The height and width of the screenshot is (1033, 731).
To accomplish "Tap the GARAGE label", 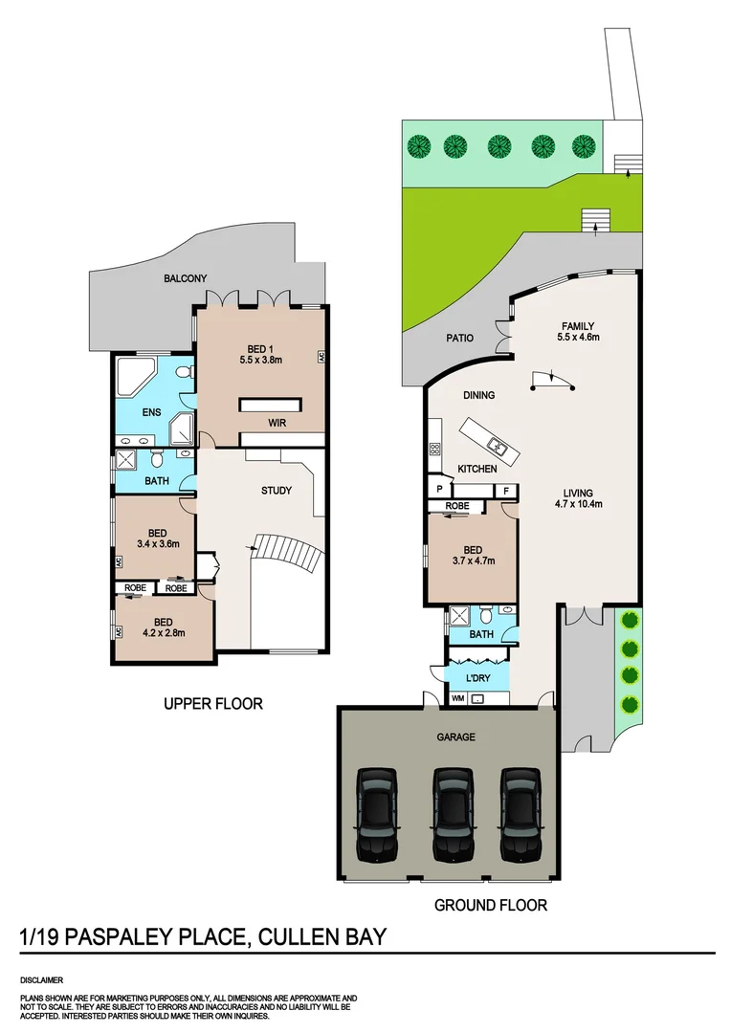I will (456, 737).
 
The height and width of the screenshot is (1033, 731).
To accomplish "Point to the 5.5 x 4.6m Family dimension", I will (578, 337).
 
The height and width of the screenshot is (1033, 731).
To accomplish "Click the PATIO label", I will (461, 338).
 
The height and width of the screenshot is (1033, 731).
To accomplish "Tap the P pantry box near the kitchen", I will (439, 490).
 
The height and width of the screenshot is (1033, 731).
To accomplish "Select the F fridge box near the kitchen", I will (505, 490).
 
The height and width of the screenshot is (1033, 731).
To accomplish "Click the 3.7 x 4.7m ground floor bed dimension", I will (474, 562).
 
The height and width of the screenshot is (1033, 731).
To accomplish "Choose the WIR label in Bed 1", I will (277, 422).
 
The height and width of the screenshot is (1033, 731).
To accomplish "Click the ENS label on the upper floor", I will (151, 413).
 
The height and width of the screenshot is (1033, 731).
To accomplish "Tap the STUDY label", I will (277, 491).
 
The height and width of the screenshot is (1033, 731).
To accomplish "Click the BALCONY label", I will (185, 278).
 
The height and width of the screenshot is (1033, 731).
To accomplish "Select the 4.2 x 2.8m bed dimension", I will (163, 631).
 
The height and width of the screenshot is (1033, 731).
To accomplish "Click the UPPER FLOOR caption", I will (212, 704).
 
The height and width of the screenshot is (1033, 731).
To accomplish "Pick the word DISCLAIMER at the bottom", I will (41, 980).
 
